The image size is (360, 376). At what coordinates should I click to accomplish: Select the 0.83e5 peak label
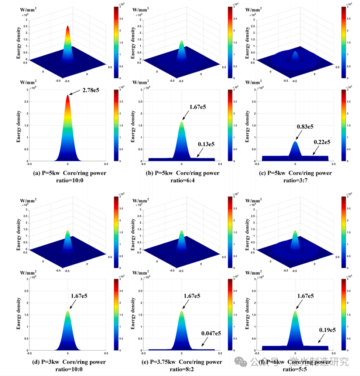point(305,127)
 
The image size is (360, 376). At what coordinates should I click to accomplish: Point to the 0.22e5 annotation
point(322,142)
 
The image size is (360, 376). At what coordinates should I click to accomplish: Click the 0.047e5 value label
point(211,333)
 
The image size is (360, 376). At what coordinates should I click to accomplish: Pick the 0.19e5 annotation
point(327,330)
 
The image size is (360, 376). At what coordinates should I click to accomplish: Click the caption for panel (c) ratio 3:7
point(295,176)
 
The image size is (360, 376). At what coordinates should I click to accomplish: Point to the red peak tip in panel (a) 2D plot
point(68,96)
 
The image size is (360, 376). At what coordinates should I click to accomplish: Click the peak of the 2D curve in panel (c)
point(295,142)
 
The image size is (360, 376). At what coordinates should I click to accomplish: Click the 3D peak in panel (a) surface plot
point(68,27)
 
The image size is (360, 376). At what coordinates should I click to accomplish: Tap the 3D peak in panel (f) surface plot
point(295,231)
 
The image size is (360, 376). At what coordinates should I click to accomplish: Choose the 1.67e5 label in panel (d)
point(79,296)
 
